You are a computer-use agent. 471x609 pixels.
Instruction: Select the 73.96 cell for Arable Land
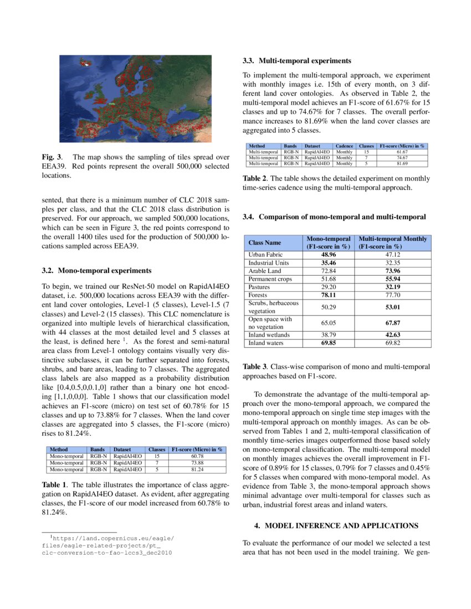[x=393, y=271]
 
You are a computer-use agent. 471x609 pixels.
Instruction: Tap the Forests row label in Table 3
[x=258, y=296]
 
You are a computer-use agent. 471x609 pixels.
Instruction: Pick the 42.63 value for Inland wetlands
[x=393, y=335]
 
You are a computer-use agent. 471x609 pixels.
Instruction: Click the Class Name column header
[x=264, y=242]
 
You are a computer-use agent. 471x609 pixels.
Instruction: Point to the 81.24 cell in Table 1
[x=198, y=469]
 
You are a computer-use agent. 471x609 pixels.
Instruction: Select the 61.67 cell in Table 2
[x=402, y=151]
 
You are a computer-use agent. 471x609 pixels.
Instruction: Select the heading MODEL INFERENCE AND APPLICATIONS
[x=340, y=525]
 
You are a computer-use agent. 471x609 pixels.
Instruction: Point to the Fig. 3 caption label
[x=52, y=157]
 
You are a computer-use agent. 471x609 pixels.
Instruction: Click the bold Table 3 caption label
[x=255, y=367]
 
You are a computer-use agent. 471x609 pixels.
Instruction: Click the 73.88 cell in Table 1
[x=198, y=462]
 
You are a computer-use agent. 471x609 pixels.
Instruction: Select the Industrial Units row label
[x=269, y=263]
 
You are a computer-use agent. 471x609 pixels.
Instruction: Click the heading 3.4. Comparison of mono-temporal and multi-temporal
[x=334, y=216]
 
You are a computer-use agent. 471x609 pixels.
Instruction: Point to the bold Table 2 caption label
[x=255, y=178]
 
